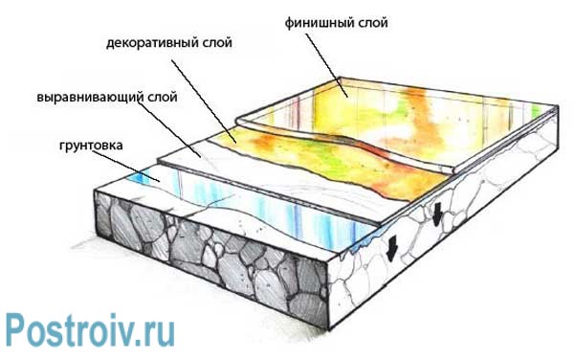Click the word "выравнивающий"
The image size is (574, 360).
(x=89, y=98)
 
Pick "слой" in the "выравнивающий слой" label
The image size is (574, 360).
(x=162, y=98)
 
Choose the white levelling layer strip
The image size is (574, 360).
(x=206, y=153)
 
